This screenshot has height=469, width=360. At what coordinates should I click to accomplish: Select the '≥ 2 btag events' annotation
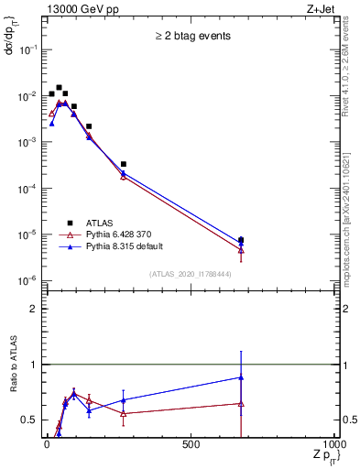coord(192,37)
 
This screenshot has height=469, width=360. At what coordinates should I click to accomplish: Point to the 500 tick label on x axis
coord(191,444)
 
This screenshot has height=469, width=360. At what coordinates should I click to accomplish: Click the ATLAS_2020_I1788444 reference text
coord(191,273)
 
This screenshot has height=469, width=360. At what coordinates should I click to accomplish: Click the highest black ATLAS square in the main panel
coord(59,88)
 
